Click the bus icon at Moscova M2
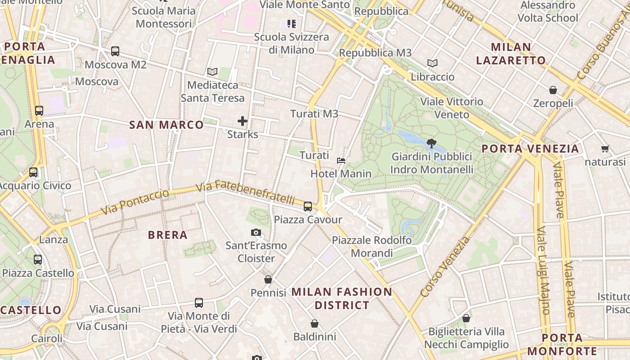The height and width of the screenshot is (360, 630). tap(115, 51)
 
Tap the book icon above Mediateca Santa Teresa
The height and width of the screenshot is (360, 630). tap(212, 72)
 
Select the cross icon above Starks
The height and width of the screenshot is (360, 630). tap(243, 121)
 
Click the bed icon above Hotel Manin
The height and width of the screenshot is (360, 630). tap(341, 160)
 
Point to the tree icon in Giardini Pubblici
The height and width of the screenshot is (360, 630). tap(432, 144)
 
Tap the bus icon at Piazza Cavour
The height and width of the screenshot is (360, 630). tap(308, 207)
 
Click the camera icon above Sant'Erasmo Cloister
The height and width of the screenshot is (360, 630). tap(256, 232)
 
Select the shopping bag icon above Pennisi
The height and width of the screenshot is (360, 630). tap(268, 279)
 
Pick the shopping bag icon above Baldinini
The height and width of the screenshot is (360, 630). tap(315, 323)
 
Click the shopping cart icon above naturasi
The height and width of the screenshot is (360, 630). tap(605, 148)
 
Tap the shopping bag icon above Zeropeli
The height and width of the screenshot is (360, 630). tap(553, 90)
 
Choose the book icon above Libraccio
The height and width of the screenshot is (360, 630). tap(432, 63)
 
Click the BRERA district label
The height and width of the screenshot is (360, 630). tap(168, 235)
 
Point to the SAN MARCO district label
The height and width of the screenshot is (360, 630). tap(166, 125)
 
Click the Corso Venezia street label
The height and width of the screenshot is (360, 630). tap(445, 267)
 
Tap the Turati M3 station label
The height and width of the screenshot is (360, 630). tap(314, 114)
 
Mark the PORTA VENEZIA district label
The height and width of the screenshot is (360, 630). tap(530, 148)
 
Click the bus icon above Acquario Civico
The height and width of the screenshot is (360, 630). tap(33, 172)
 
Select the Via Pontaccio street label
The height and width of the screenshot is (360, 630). tap(135, 202)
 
